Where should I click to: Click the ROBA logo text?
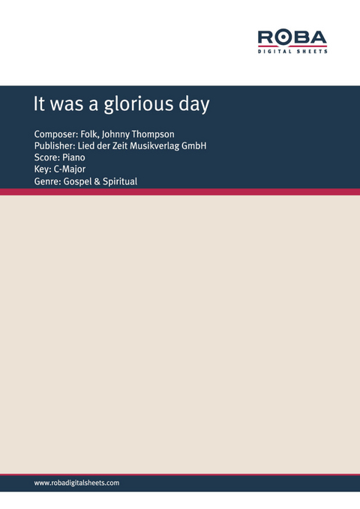(292, 37)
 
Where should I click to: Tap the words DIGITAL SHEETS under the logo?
(292, 52)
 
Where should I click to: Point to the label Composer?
(56, 134)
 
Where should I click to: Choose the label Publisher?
(55, 146)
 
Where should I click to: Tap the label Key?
(43, 170)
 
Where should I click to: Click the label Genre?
(49, 182)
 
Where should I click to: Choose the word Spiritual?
(120, 182)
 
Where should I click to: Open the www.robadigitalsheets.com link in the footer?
(76, 484)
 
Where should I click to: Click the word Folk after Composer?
(88, 134)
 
